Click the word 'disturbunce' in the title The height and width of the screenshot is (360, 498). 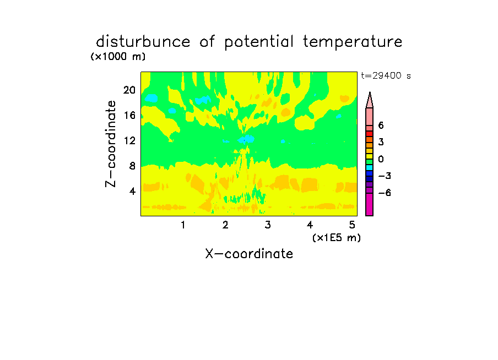pyautogui.click(x=143, y=41)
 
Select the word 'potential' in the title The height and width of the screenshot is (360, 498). pyautogui.click(x=259, y=42)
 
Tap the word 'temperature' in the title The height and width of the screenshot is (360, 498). pyautogui.click(x=353, y=42)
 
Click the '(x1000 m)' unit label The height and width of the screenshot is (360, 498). pyautogui.click(x=118, y=57)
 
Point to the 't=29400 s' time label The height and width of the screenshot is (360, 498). pyautogui.click(x=386, y=75)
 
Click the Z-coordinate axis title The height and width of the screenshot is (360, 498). pyautogui.click(x=111, y=144)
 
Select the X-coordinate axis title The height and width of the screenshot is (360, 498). pyautogui.click(x=249, y=254)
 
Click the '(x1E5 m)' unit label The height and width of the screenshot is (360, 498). pyautogui.click(x=337, y=237)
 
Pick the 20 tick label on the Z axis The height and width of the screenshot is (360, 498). pyautogui.click(x=129, y=90)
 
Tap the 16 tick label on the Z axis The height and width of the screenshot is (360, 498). pyautogui.click(x=129, y=115)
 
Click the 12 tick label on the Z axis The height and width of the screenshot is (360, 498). pyautogui.click(x=129, y=140)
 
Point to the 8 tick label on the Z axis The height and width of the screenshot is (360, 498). pyautogui.click(x=132, y=166)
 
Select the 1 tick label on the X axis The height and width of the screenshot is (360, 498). pyautogui.click(x=183, y=225)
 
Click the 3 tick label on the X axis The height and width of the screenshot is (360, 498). pyautogui.click(x=268, y=225)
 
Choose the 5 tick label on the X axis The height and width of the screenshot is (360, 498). pyautogui.click(x=352, y=225)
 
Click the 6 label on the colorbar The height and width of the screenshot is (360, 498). pyautogui.click(x=381, y=126)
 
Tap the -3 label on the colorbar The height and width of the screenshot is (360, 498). pyautogui.click(x=385, y=176)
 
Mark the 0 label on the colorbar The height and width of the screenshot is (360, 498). pyautogui.click(x=381, y=159)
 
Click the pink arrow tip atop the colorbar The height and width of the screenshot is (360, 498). pyautogui.click(x=370, y=92)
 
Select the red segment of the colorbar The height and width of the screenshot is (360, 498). pyautogui.click(x=370, y=134)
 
